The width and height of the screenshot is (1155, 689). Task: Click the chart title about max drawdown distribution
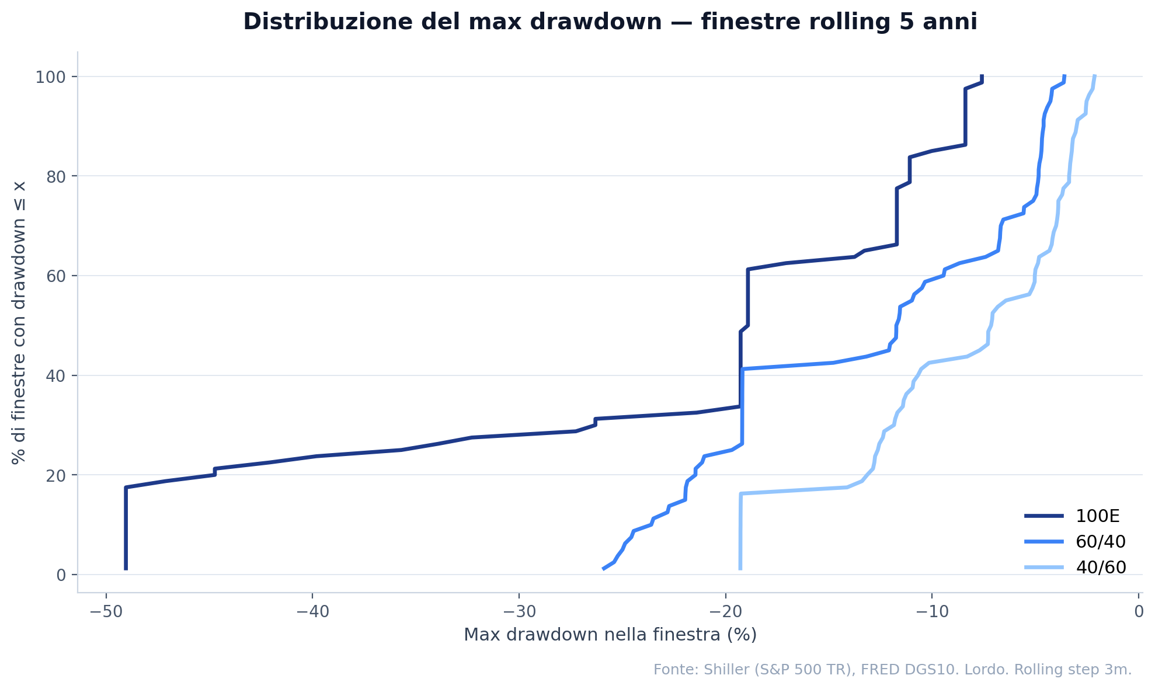click(610, 22)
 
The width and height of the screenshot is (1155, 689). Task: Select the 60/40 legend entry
click(1100, 542)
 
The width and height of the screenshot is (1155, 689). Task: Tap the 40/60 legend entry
click(1100, 568)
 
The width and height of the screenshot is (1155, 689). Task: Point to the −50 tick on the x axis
click(106, 612)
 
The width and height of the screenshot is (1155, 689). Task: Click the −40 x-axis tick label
click(312, 612)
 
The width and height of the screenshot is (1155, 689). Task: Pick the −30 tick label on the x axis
click(519, 612)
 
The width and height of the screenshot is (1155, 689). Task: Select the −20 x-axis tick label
click(725, 612)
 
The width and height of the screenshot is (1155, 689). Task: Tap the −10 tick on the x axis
click(932, 612)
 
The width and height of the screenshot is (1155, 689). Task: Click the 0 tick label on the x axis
click(1139, 612)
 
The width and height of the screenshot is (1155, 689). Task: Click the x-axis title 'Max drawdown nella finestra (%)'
click(610, 635)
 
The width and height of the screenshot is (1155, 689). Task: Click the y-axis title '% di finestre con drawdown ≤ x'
click(19, 322)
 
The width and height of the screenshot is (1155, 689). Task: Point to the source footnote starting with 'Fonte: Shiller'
click(892, 670)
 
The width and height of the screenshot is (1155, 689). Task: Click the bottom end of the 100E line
click(126, 569)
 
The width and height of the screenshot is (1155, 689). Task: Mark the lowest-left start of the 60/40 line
click(603, 569)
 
